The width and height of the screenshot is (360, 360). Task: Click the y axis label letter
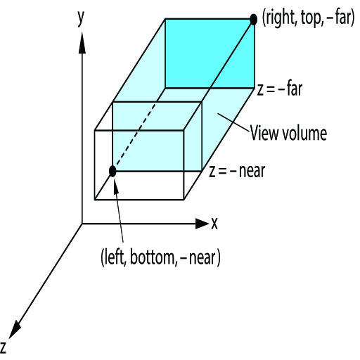point(81,19)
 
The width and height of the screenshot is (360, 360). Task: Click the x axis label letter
point(214,224)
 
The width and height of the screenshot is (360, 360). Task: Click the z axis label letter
point(3,347)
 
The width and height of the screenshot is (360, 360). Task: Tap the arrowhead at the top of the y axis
point(82,43)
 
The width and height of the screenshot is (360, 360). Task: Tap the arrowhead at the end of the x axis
point(202,224)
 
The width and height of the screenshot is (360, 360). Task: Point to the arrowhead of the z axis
point(15,330)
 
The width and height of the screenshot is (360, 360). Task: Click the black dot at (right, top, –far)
point(253,19)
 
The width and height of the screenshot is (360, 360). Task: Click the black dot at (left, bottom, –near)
point(112,172)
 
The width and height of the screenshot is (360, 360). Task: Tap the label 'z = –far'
point(280,89)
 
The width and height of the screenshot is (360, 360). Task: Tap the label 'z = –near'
point(237,171)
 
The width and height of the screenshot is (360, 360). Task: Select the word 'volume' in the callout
point(304,133)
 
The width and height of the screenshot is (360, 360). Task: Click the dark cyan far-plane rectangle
point(210,53)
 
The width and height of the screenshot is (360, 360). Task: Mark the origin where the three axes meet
point(82,224)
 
